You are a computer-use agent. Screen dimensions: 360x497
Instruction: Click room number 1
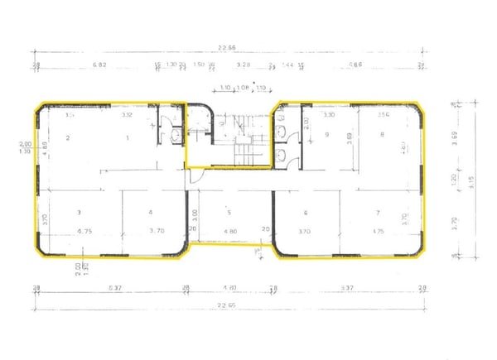tap(127, 137)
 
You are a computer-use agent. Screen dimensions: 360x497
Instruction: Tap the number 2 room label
tap(68, 137)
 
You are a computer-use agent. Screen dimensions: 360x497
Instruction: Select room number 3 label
tap(80, 212)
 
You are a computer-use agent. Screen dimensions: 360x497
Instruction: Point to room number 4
tap(150, 212)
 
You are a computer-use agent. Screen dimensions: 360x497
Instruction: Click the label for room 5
tap(227, 212)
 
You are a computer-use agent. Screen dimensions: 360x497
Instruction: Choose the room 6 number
tap(306, 212)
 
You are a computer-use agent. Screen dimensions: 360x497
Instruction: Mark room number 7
tap(378, 212)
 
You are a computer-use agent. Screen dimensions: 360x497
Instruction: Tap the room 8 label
tap(383, 134)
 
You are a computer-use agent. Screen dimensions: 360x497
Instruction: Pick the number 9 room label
tap(327, 134)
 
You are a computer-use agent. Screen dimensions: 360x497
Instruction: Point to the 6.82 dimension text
tap(100, 64)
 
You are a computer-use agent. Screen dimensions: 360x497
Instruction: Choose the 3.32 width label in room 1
tap(127, 116)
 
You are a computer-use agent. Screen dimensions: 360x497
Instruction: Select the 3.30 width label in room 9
tap(328, 114)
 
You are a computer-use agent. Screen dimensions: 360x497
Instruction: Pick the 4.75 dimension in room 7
tap(379, 231)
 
